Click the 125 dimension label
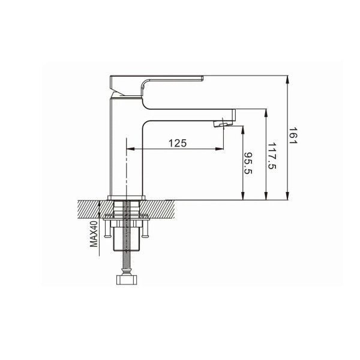tap(178, 143)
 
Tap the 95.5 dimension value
tap(248, 163)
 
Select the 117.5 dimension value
tap(272, 156)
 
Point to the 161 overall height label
tap(293, 136)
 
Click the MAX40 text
tap(94, 234)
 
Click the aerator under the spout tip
tap(220, 124)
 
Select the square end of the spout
tap(233, 115)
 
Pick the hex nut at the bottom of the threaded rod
tap(127, 280)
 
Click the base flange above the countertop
tap(127, 197)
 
